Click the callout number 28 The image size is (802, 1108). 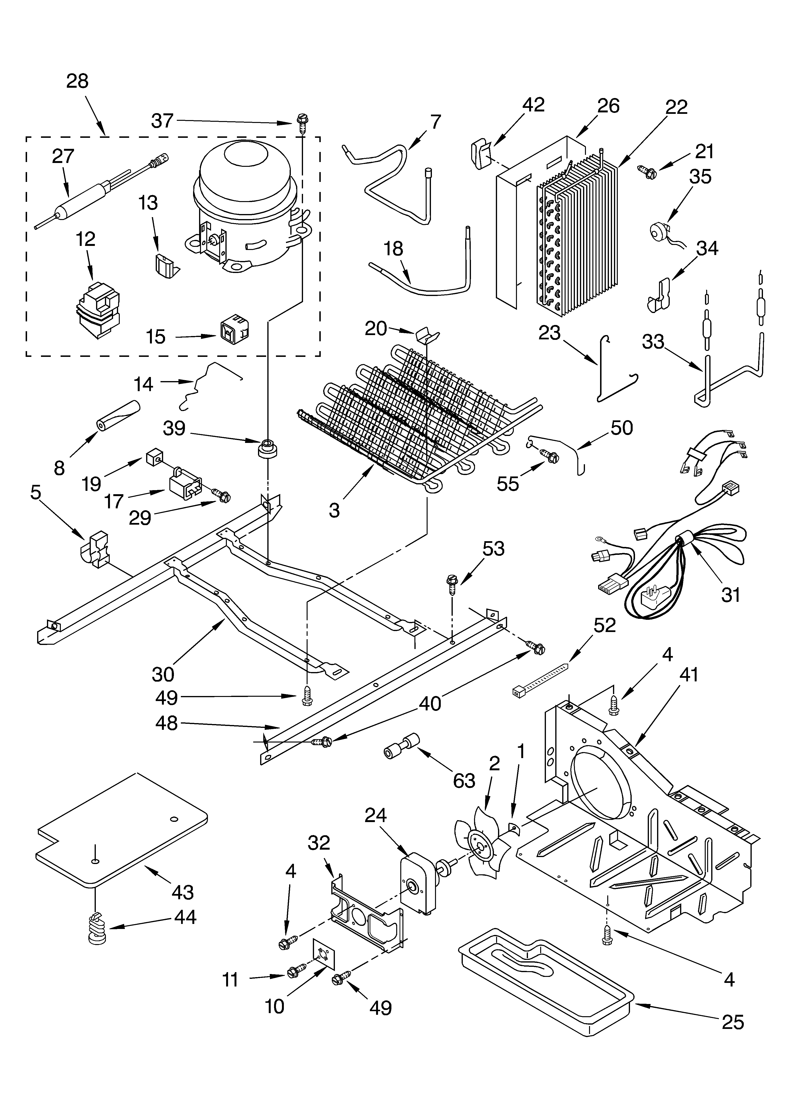click(x=77, y=81)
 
